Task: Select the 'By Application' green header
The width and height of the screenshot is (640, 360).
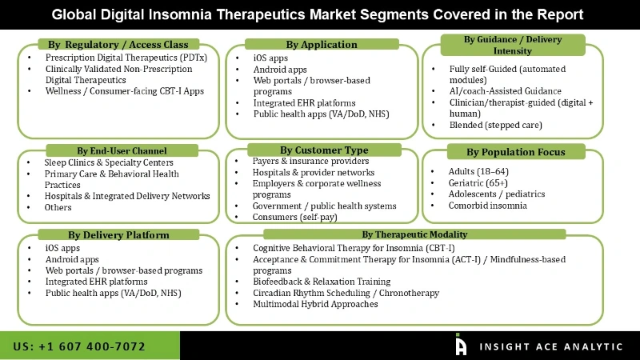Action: (322, 44)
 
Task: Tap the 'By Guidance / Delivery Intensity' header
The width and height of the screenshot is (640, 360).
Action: (512, 45)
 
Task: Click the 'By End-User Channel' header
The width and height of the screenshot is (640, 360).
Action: (122, 150)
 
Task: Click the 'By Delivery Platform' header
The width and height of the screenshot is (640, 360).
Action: (118, 235)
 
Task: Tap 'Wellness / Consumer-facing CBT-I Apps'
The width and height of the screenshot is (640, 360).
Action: (125, 91)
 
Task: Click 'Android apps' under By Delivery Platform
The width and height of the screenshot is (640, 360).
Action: (73, 259)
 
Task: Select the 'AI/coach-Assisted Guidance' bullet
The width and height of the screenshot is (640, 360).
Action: (506, 91)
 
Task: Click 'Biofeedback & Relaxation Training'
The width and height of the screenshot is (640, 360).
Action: (322, 282)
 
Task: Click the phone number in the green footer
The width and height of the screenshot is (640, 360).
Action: (79, 346)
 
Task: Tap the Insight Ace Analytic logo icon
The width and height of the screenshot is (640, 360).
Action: (461, 345)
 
